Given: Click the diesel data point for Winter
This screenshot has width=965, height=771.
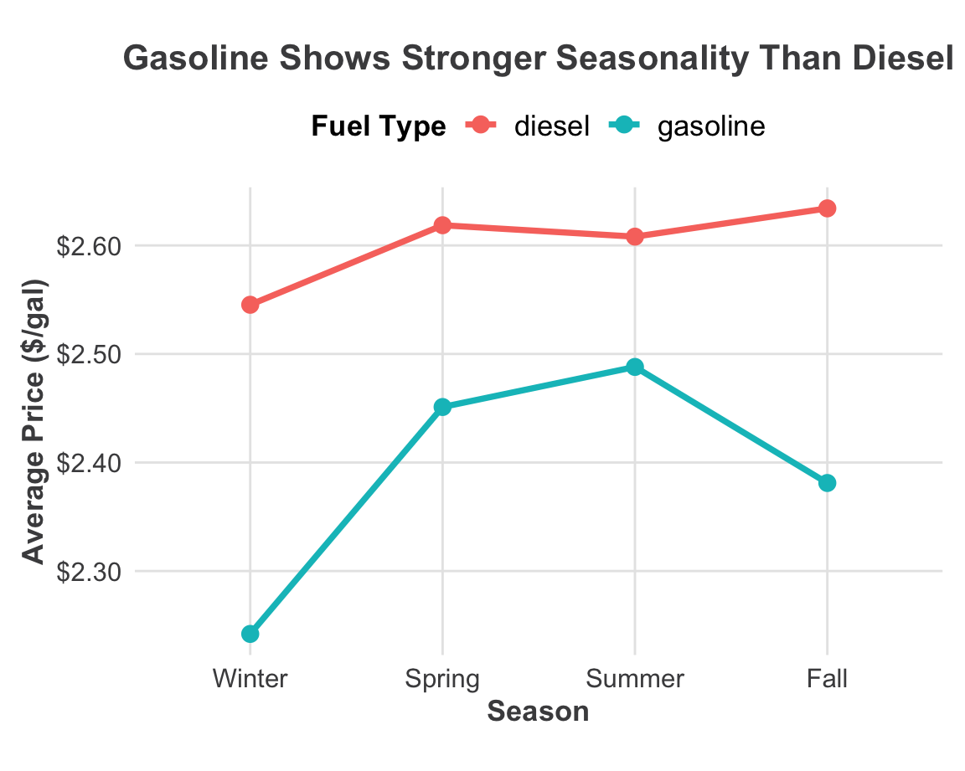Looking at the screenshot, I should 250,305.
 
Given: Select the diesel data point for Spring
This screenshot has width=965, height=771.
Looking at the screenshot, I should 442,225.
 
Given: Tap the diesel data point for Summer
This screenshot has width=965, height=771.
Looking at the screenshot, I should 635,236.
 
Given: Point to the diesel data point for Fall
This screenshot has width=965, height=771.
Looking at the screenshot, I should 827,208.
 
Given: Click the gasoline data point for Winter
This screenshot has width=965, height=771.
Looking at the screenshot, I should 250,634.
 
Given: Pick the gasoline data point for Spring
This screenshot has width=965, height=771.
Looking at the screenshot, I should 442,407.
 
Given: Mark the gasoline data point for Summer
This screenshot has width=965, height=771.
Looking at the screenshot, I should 635,367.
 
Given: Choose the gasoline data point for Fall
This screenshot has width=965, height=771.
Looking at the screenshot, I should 827,483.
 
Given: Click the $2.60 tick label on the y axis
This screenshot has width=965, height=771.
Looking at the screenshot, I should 88,247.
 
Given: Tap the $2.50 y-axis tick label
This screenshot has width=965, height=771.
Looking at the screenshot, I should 88,355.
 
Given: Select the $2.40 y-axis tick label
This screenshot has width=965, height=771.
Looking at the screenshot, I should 88,463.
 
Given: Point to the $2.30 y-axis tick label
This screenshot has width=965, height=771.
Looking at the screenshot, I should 88,572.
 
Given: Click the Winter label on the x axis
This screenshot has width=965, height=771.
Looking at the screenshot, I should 250,677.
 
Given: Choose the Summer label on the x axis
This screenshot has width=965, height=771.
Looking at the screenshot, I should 635,677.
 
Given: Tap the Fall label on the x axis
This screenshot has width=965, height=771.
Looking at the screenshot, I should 827,677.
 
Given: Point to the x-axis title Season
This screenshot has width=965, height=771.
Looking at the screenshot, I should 538,712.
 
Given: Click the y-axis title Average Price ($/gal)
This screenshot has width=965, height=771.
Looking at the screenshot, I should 34,421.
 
